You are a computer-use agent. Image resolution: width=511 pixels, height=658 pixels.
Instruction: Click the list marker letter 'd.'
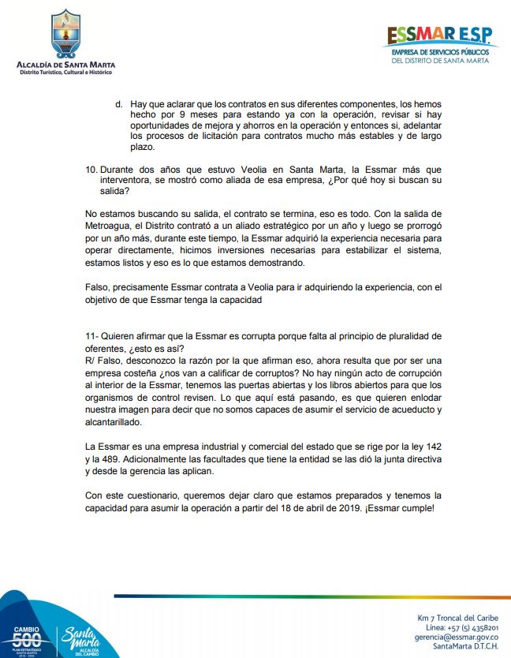coord(119,103)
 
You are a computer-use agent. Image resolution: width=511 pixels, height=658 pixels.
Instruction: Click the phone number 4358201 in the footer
coord(480,626)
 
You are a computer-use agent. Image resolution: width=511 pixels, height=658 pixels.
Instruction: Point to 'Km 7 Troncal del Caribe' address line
coord(457,616)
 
